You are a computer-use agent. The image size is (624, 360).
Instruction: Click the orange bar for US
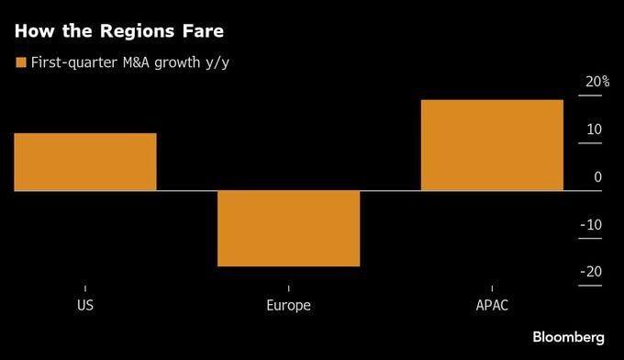85,162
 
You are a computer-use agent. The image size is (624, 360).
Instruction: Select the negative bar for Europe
288,228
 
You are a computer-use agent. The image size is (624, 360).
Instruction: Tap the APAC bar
492,145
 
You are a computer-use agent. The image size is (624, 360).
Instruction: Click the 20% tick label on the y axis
597,82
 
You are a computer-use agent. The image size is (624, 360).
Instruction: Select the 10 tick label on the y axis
594,129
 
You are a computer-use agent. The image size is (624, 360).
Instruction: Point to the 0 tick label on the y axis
597,177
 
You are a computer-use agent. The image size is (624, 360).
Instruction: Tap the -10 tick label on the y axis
592,225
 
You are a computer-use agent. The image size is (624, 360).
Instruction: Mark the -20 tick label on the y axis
592,272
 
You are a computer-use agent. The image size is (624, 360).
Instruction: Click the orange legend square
20,62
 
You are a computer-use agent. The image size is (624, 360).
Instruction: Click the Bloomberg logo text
568,337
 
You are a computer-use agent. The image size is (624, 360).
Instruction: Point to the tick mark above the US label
85,288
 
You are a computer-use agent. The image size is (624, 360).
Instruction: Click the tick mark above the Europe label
288,288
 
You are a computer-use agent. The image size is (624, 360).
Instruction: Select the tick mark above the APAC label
492,288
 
